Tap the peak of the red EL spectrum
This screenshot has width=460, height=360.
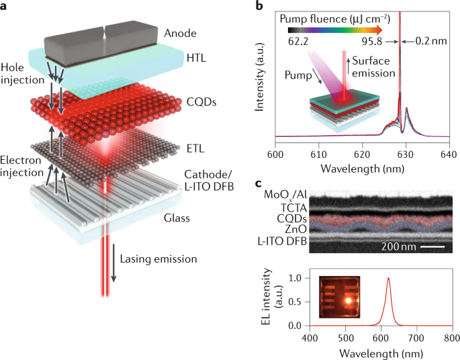pyautogui.click(x=387, y=279)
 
